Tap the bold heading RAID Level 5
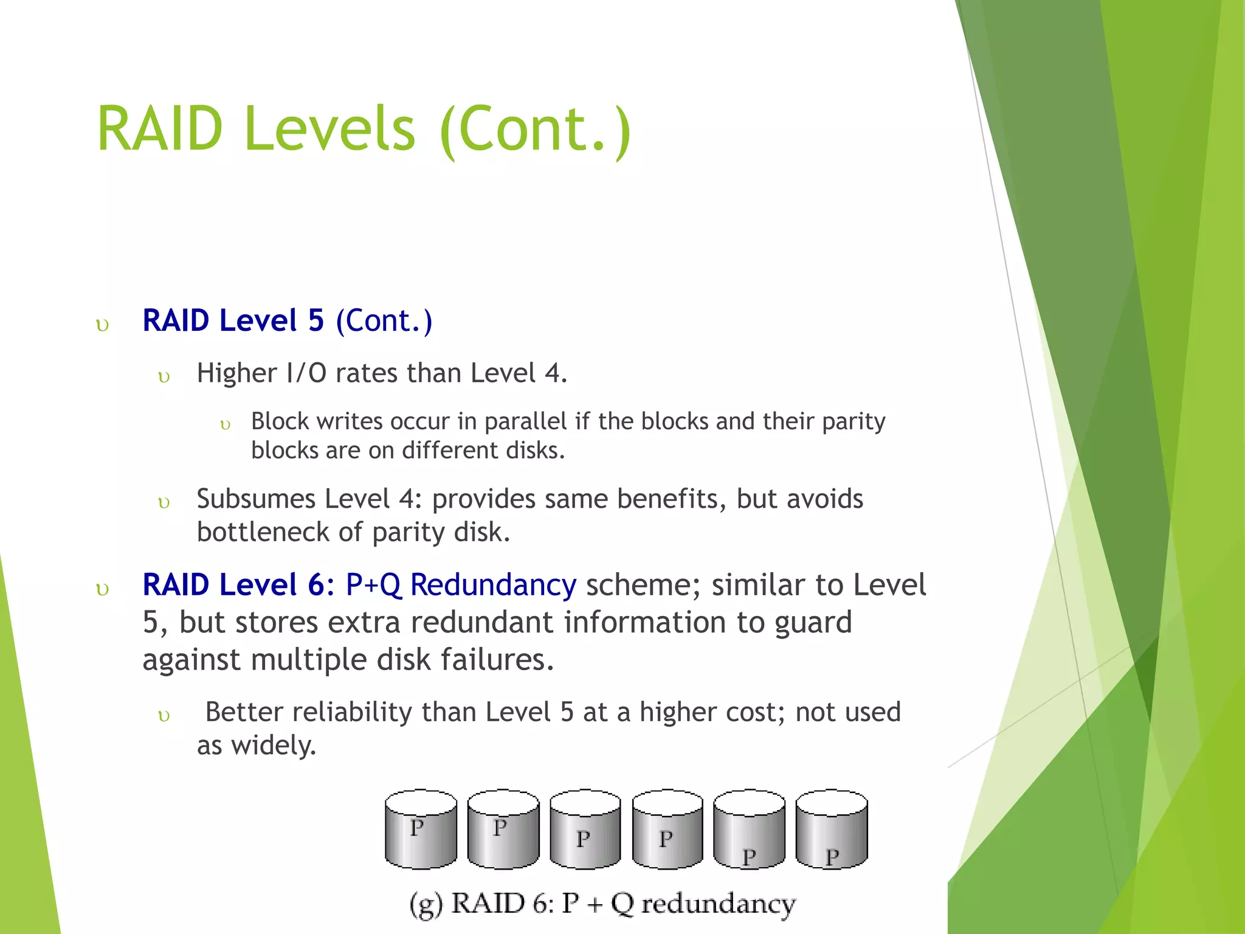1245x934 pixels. [x=233, y=320]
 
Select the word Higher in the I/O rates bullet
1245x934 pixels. [x=236, y=373]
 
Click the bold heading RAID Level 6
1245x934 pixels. [x=234, y=585]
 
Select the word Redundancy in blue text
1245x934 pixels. [x=492, y=585]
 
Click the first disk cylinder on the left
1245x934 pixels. [x=421, y=830]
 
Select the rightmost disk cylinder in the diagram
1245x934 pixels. [x=832, y=830]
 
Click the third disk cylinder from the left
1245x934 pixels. [x=585, y=830]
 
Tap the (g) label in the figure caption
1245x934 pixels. [x=425, y=904]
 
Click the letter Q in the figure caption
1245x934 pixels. [x=622, y=904]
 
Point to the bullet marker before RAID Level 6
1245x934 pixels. [x=103, y=589]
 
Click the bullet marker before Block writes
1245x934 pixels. [x=226, y=425]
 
